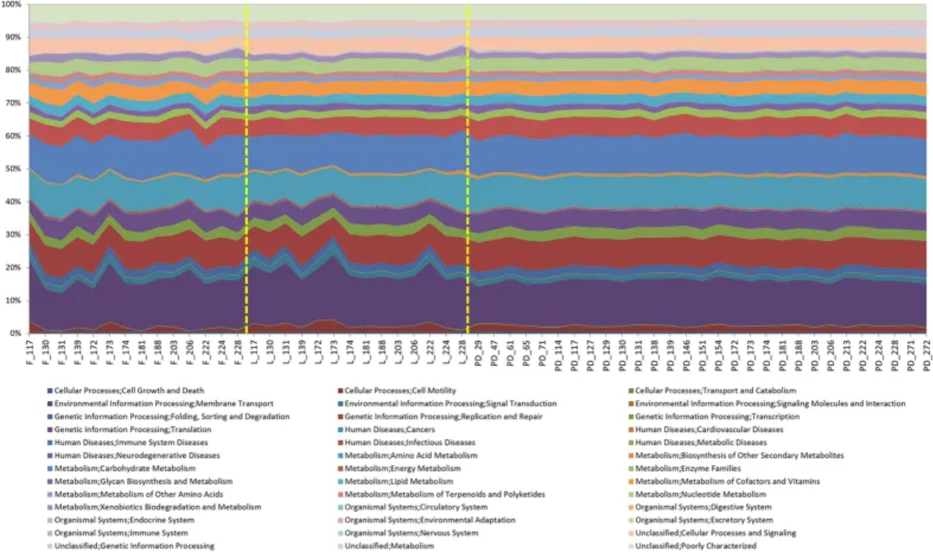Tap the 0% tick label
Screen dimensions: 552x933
[x=16, y=333]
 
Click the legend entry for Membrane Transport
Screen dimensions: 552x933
[x=163, y=403]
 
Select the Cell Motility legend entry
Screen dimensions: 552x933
[x=400, y=391]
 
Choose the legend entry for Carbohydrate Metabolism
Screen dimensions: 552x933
[x=124, y=468]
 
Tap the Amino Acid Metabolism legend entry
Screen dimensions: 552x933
[x=411, y=456]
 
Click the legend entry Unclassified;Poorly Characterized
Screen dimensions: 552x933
[x=695, y=546]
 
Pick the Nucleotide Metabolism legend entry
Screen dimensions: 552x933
[x=701, y=494]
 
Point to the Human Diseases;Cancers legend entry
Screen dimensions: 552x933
[x=390, y=429]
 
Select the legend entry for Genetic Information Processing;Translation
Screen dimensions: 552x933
[x=132, y=429]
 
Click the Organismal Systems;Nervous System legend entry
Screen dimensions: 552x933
[x=411, y=533]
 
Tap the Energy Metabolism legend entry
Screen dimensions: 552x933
[x=402, y=468]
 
